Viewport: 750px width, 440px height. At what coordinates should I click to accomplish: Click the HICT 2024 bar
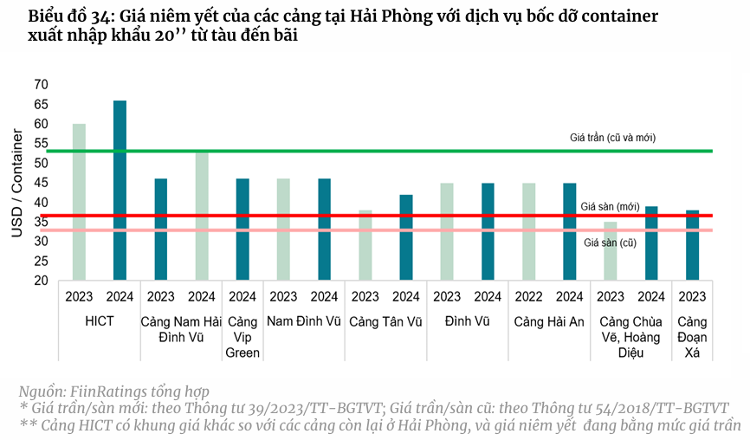pos(120,191)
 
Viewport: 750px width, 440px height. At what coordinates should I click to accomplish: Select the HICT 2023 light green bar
pos(79,202)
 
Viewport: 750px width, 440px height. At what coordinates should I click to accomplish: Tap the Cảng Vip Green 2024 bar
pos(242,230)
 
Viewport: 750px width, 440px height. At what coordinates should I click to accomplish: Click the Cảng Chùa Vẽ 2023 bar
pos(611,251)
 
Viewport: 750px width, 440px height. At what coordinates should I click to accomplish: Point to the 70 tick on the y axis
pos(42,85)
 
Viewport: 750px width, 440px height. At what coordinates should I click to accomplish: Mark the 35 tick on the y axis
pos(42,222)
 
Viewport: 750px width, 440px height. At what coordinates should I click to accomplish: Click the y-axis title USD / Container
pos(16,183)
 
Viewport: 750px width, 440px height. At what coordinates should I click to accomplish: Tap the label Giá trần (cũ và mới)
pos(612,138)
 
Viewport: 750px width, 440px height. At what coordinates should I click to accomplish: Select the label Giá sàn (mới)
pos(610,206)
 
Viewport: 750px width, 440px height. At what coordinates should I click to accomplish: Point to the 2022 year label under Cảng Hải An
pos(528,297)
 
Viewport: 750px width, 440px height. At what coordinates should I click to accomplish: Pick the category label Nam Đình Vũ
pos(304,321)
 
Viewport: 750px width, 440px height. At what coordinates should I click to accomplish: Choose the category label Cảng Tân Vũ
pos(385,321)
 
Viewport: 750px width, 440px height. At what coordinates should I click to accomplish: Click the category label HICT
pos(100,321)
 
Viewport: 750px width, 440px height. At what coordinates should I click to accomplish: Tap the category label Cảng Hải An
pos(549,321)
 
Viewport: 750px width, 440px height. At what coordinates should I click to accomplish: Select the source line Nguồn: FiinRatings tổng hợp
pos(113,391)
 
